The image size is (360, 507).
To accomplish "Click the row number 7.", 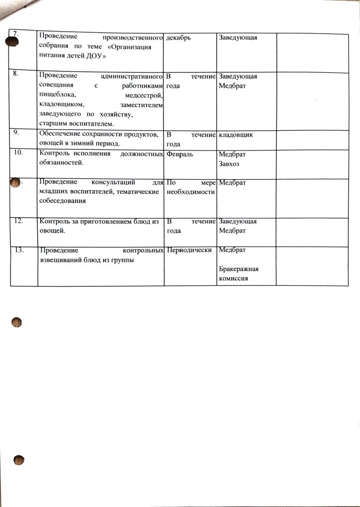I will [x=15, y=34].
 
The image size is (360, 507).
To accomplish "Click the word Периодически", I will [x=190, y=250].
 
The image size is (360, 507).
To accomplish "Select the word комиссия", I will [x=233, y=279].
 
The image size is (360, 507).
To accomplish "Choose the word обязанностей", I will [x=61, y=163].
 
